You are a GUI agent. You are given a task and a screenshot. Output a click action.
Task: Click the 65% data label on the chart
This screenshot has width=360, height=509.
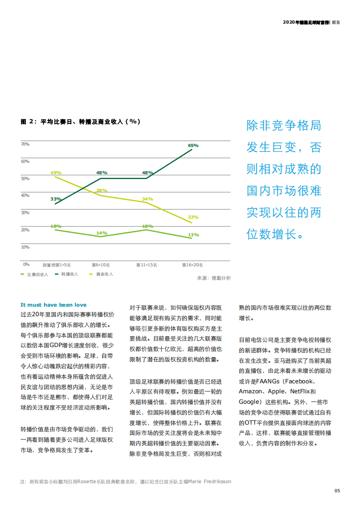click(193, 146)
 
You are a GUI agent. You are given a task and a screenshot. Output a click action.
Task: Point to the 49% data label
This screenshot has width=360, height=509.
click(56, 173)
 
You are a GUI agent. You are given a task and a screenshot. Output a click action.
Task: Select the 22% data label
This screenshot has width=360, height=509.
click(193, 217)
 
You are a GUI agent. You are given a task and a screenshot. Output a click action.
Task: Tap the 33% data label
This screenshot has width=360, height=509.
click(56, 199)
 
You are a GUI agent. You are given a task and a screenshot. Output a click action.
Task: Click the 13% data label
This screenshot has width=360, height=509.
click(193, 235)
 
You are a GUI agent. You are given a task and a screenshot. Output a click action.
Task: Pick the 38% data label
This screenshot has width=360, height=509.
click(102, 191)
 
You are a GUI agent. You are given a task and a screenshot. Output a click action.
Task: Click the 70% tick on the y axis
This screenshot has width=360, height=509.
click(25, 144)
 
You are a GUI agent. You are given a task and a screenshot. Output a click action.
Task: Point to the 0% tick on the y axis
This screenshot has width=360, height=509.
click(26, 264)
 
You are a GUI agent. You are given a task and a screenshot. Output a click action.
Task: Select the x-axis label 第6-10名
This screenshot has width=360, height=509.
click(100, 265)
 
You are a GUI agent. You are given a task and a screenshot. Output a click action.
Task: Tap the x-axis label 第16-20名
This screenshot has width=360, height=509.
click(192, 265)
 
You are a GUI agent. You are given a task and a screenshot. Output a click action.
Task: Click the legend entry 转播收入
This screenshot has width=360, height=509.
click(69, 274)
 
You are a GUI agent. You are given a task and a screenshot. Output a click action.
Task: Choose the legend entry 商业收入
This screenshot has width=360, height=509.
click(104, 274)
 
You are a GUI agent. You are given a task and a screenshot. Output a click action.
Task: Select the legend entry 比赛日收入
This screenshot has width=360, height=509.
click(37, 274)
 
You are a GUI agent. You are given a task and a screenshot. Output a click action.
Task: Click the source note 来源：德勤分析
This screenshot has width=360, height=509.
click(214, 278)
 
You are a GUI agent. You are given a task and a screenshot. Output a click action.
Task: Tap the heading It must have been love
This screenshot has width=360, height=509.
click(54, 305)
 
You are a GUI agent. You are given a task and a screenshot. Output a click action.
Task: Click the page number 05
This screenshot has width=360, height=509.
click(337, 490)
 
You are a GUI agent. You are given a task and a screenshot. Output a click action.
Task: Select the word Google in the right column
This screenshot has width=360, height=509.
click(248, 402)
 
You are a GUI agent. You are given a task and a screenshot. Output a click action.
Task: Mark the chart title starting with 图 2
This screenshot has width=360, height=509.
click(80, 122)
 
